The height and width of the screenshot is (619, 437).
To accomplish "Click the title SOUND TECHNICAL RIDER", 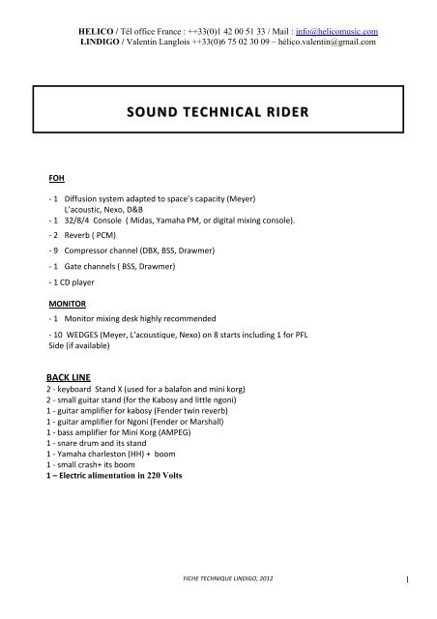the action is tap(218, 113).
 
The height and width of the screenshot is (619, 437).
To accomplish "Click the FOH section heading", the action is tap(57, 179).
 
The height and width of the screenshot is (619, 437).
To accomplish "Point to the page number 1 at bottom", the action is tap(412, 580).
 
